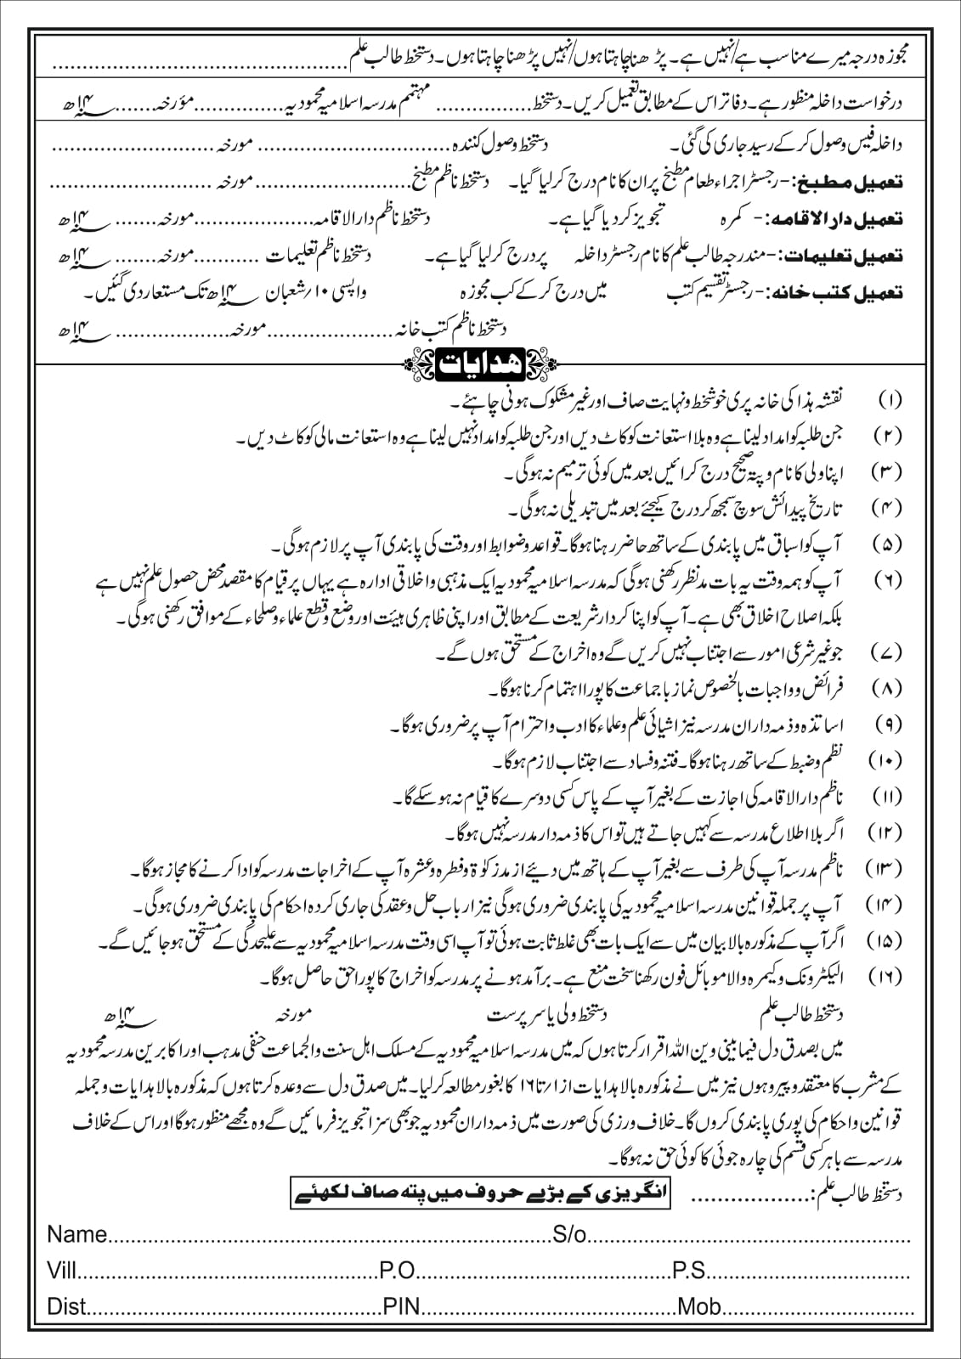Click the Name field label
click(76, 1233)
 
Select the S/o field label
click(569, 1233)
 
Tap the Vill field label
click(61, 1270)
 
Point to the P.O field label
click(398, 1270)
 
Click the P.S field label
click(689, 1270)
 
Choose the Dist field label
click(66, 1305)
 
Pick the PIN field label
click(402, 1305)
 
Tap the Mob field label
click(699, 1305)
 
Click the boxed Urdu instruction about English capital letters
click(481, 1195)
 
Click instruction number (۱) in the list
click(890, 399)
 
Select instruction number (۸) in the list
click(890, 688)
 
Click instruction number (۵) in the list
click(890, 544)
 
